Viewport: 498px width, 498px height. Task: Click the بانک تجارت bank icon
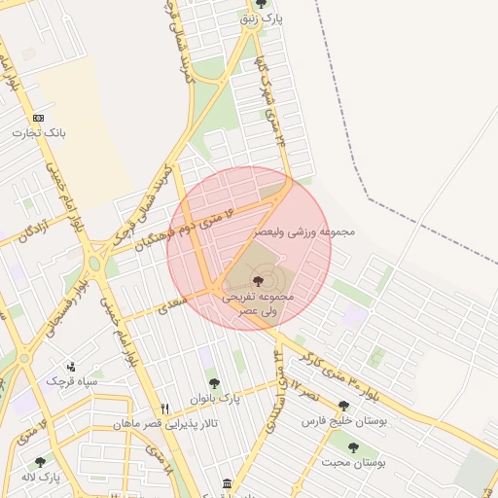[38, 118]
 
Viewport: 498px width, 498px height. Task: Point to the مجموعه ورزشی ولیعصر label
[304, 232]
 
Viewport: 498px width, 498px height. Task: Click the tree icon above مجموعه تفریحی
[257, 281]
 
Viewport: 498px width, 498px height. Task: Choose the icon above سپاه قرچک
[71, 368]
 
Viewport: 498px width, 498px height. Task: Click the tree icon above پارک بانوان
[212, 384]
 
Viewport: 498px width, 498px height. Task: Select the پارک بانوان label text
[223, 398]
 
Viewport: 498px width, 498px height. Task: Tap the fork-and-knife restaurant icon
[164, 409]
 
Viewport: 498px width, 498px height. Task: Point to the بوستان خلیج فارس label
[343, 421]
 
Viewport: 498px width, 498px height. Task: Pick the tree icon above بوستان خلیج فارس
[343, 406]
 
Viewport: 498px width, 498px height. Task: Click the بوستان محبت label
[354, 463]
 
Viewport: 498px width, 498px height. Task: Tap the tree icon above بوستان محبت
[353, 448]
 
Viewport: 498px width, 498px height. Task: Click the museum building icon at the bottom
[227, 484]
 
